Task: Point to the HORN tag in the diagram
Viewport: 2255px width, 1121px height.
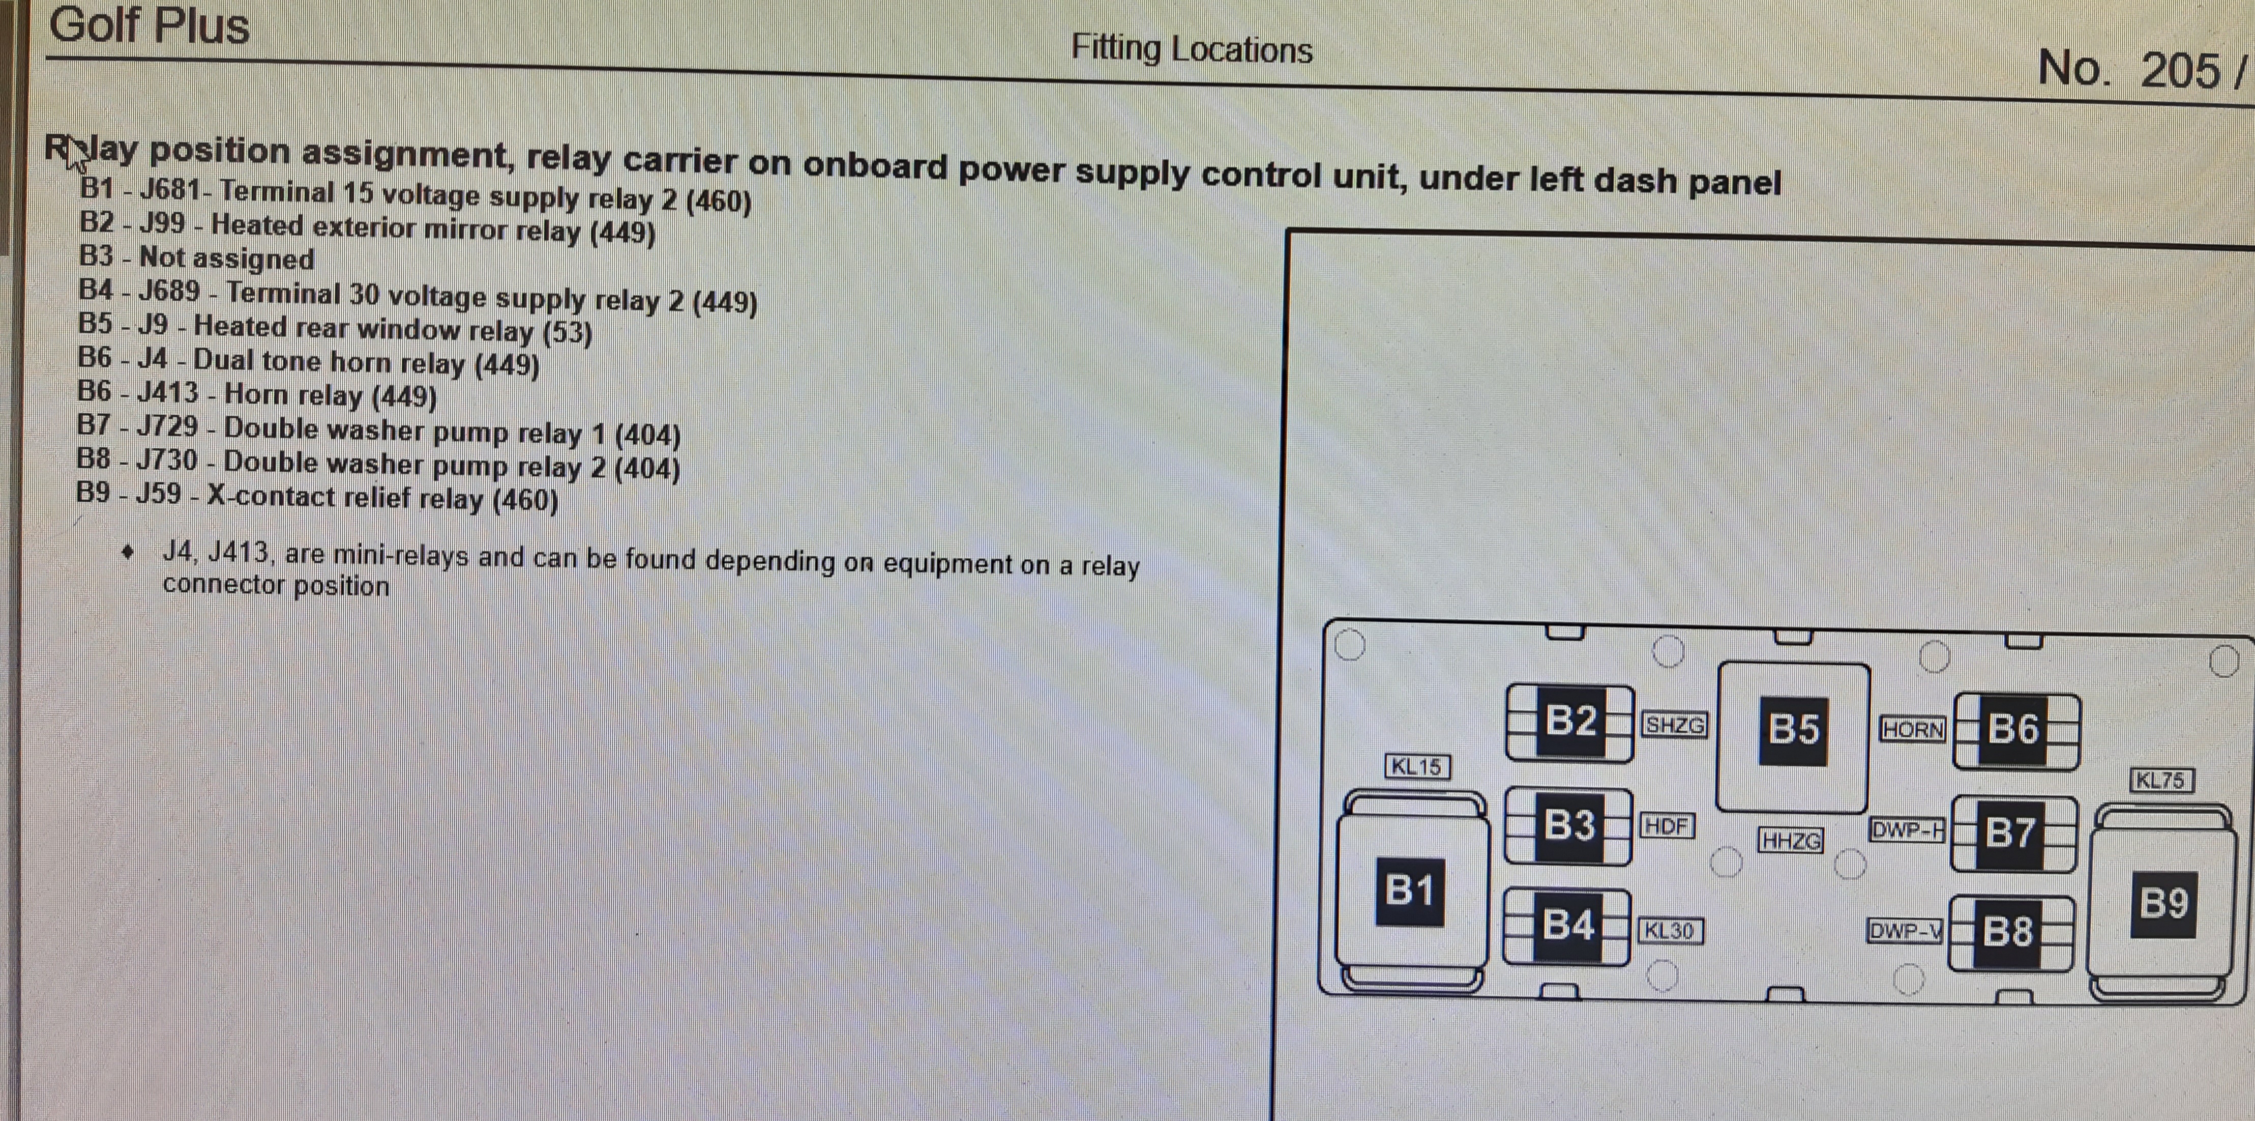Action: (x=1913, y=730)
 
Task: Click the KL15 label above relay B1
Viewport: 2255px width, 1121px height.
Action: (x=1416, y=767)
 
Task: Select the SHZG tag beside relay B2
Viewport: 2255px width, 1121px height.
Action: (x=1674, y=725)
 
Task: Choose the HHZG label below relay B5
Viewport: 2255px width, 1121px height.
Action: (x=1791, y=841)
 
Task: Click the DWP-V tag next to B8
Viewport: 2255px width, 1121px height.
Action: (x=1905, y=930)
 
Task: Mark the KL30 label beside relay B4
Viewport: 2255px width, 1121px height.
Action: (x=1669, y=930)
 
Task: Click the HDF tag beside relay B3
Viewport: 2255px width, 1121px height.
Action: (x=1666, y=826)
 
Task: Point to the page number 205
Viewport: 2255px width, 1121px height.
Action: (x=2180, y=70)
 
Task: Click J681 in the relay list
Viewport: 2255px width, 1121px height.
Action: (x=171, y=189)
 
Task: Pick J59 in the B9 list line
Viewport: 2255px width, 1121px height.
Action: (x=159, y=493)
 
